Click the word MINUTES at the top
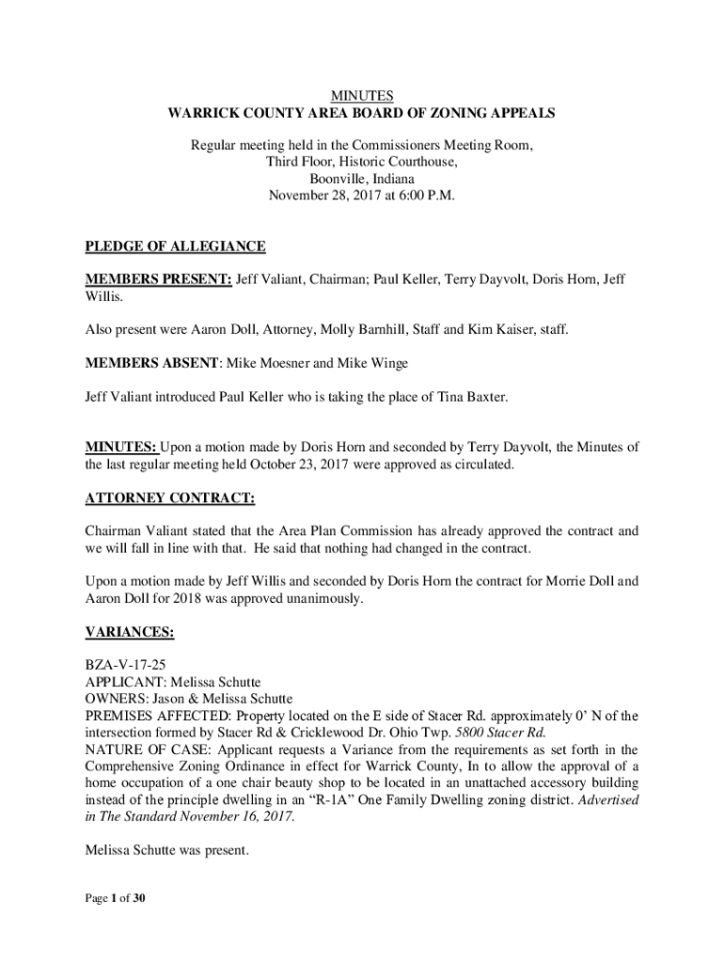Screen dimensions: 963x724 coord(362,96)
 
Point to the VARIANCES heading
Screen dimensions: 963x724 coord(129,633)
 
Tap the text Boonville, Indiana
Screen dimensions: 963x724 coord(362,180)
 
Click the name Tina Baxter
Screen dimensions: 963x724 coord(472,398)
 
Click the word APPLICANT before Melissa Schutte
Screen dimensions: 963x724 coord(118,682)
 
